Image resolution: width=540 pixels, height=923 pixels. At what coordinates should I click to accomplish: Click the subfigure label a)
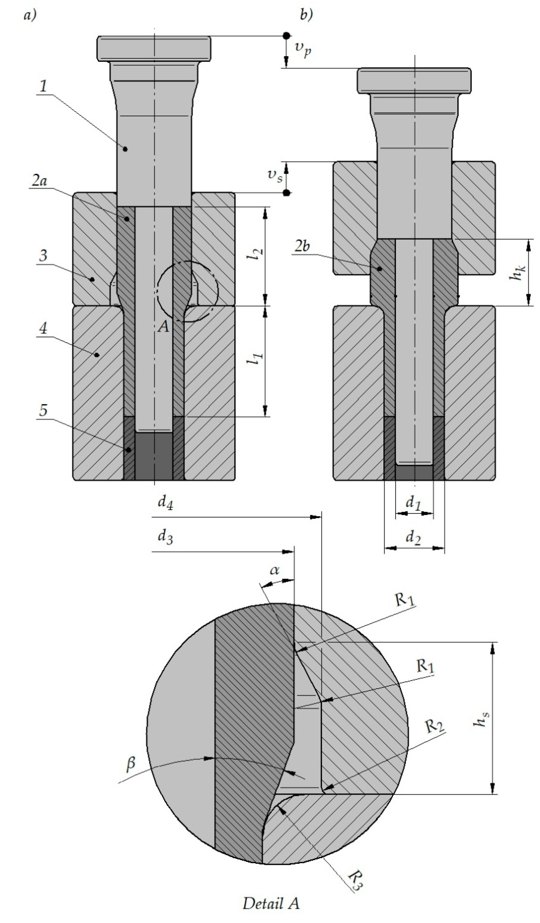click(x=30, y=15)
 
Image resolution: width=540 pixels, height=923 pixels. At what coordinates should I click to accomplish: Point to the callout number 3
click(x=43, y=255)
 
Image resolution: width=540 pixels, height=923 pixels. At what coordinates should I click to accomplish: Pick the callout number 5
click(x=43, y=411)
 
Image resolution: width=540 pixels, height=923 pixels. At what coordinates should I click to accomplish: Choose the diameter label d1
click(x=413, y=504)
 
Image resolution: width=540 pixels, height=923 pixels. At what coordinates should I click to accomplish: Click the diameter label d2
click(x=413, y=538)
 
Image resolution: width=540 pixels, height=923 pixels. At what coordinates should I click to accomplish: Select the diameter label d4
click(x=165, y=503)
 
